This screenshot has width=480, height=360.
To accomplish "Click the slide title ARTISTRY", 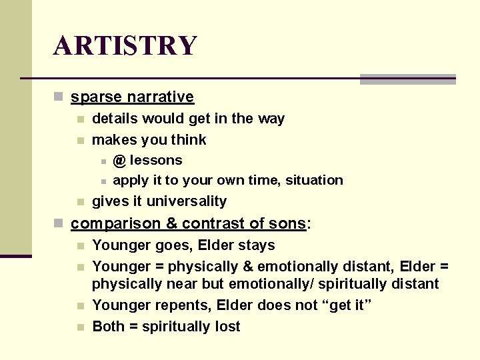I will click(x=125, y=46).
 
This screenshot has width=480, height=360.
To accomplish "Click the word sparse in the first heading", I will click(x=93, y=97).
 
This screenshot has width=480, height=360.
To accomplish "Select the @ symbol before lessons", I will click(x=119, y=161).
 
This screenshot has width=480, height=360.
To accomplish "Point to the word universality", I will click(x=187, y=201).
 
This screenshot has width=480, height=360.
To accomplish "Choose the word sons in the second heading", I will click(x=288, y=223).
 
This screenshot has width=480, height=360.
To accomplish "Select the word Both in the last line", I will click(x=107, y=327).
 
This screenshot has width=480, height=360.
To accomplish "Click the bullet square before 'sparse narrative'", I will click(x=59, y=97).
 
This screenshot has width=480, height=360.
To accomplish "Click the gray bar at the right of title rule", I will click(x=407, y=79).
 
